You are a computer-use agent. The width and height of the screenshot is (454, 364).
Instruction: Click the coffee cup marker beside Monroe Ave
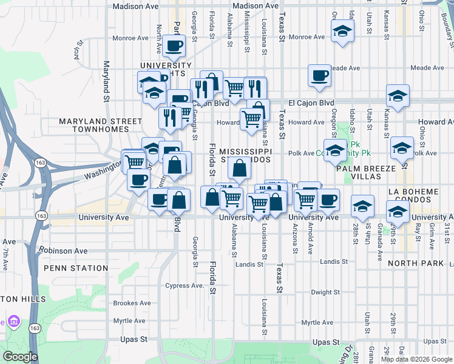pyautogui.click(x=173, y=45)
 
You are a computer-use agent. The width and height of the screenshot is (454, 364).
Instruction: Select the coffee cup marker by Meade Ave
pyautogui.click(x=319, y=75)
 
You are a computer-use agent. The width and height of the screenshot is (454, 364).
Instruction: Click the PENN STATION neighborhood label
pyautogui.click(x=76, y=268)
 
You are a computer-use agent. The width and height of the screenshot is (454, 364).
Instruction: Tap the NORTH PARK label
pyautogui.click(x=416, y=263)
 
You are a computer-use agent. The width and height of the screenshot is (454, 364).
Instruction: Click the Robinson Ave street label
pyautogui.click(x=64, y=250)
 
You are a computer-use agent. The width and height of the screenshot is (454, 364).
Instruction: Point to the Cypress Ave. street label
pyautogui.click(x=185, y=285)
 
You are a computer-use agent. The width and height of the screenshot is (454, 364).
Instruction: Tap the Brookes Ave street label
pyautogui.click(x=132, y=303)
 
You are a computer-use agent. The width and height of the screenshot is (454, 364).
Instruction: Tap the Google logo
pyautogui.click(x=20, y=357)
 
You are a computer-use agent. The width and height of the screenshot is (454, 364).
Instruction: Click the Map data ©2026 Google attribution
pyautogui.click(x=416, y=359)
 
